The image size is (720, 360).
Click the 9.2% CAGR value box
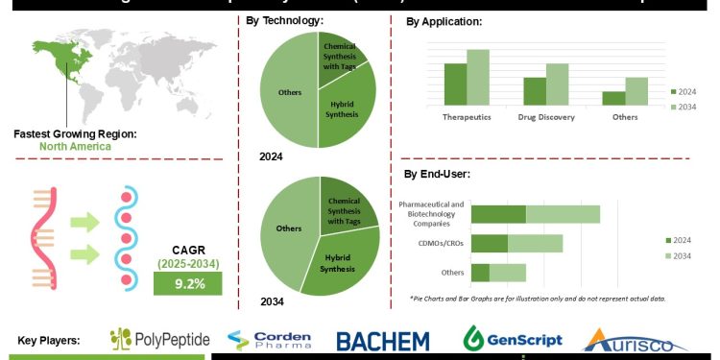click(x=188, y=283)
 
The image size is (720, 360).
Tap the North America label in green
click(x=75, y=147)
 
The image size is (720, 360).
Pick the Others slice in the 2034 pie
click(x=289, y=230)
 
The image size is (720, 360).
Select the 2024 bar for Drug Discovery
click(x=535, y=90)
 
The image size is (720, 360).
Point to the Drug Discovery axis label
click(x=545, y=117)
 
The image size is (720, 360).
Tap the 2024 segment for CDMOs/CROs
click(x=489, y=243)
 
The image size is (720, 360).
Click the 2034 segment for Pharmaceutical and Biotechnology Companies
click(x=563, y=214)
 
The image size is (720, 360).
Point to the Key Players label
click(x=49, y=340)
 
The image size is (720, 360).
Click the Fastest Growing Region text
click(x=75, y=133)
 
